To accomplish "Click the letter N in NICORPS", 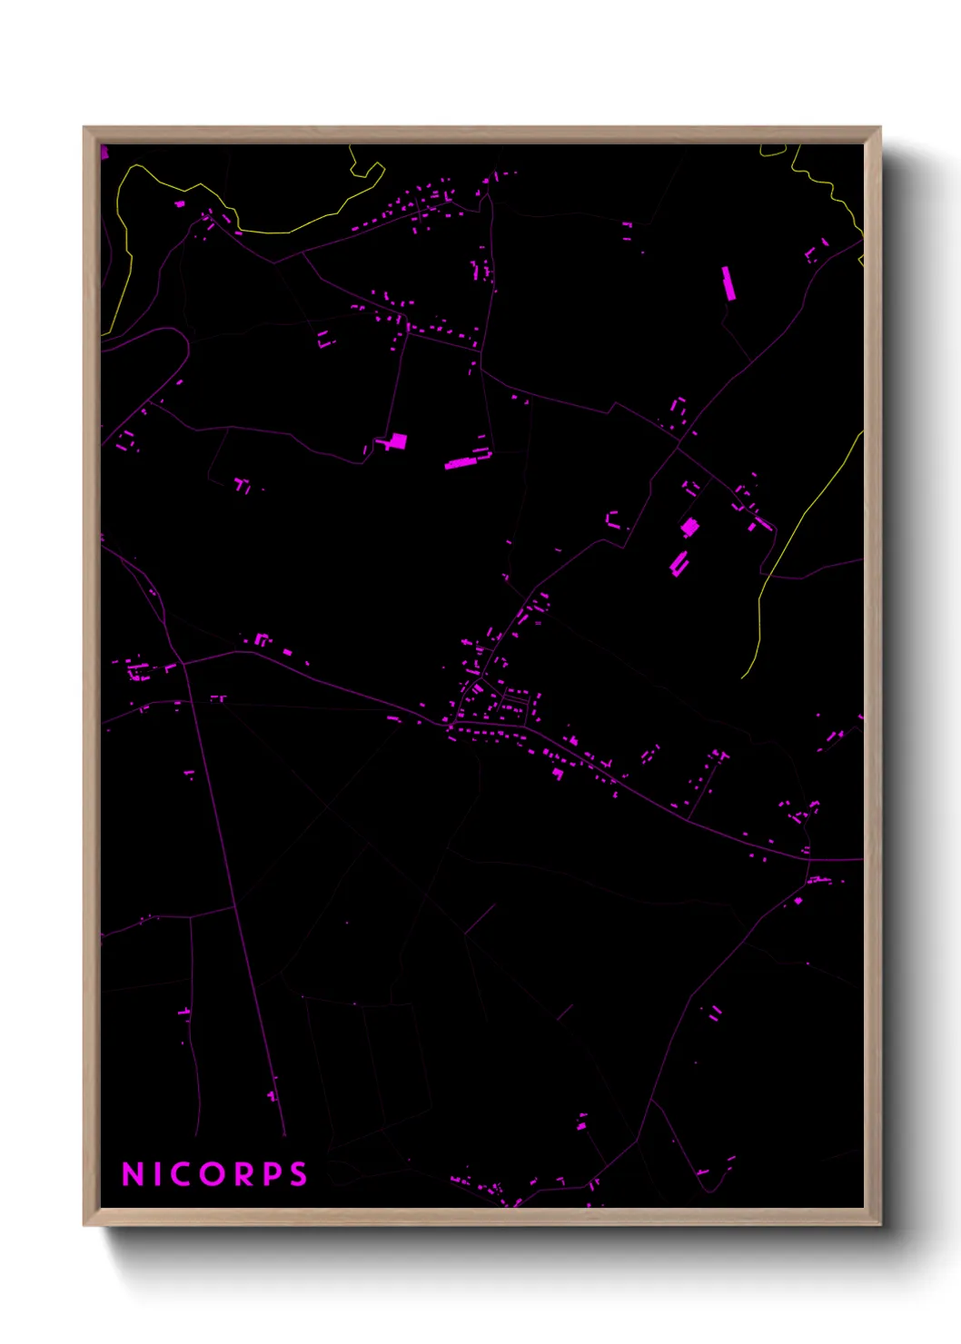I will [x=133, y=1174].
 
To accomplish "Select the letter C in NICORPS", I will [x=184, y=1174].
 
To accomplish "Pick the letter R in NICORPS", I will [x=244, y=1174].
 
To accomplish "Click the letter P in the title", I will [x=272, y=1174].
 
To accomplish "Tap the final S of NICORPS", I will [x=298, y=1174].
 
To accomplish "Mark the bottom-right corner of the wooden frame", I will [x=879, y=1224].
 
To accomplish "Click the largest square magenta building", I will [x=397, y=442].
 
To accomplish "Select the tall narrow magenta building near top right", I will [x=728, y=282].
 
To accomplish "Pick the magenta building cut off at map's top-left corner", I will [x=104, y=152].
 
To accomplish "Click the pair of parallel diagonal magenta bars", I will [x=679, y=563].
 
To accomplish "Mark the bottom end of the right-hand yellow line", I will [x=743, y=677].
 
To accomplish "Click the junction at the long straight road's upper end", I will [x=183, y=664].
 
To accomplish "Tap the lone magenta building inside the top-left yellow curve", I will [x=180, y=204].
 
